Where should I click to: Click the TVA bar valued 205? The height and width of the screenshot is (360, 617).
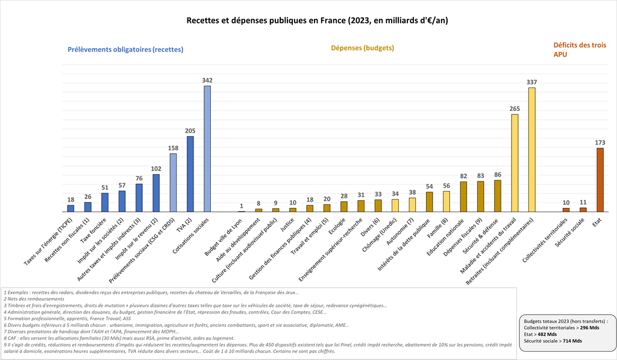pos(190,174)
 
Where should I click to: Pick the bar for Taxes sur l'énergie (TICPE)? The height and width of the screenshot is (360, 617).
pos(70,209)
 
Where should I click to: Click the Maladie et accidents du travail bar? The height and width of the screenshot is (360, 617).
pos(515,163)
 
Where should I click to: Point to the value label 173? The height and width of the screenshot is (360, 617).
pos(600,142)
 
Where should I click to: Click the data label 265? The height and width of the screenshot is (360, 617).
pos(515,109)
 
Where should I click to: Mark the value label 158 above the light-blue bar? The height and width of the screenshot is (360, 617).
pos(173,148)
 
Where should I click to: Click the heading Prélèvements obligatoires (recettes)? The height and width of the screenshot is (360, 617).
pos(125,49)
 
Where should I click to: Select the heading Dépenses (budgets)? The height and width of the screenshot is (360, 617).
pos(363,48)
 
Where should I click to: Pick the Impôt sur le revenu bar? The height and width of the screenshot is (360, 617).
pos(156,193)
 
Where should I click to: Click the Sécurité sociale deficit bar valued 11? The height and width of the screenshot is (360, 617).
pos(583,209)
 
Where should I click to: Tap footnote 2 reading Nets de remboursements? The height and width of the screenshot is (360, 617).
pos(34,299)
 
